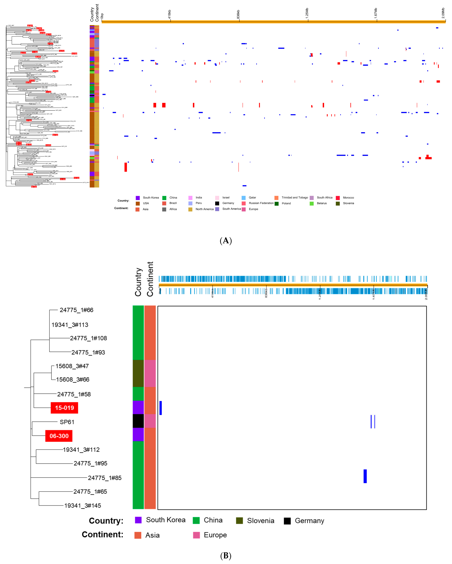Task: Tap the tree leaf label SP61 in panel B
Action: click(x=67, y=422)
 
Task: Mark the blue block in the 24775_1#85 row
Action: click(x=365, y=476)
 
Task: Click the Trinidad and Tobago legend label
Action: click(x=295, y=197)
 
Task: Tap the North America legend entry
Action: click(x=204, y=209)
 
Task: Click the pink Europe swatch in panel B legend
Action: click(x=196, y=535)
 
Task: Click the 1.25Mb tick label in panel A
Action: click(x=307, y=13)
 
